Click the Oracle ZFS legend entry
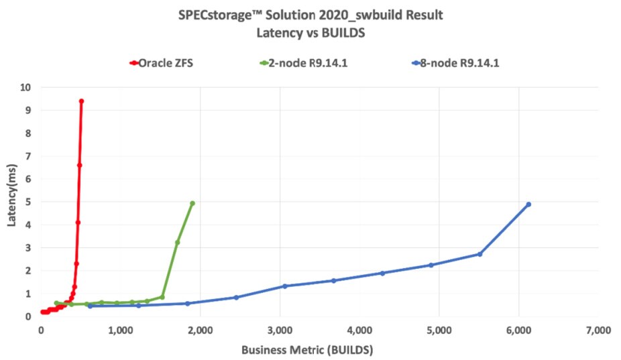click(x=164, y=64)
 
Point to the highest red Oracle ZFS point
click(x=81, y=101)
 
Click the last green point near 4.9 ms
click(x=192, y=203)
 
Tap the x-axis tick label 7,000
click(x=597, y=330)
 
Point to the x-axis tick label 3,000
click(x=280, y=330)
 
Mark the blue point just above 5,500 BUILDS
click(x=479, y=254)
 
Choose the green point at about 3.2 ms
click(x=178, y=242)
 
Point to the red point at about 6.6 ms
click(x=79, y=165)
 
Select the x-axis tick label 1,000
click(x=120, y=330)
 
